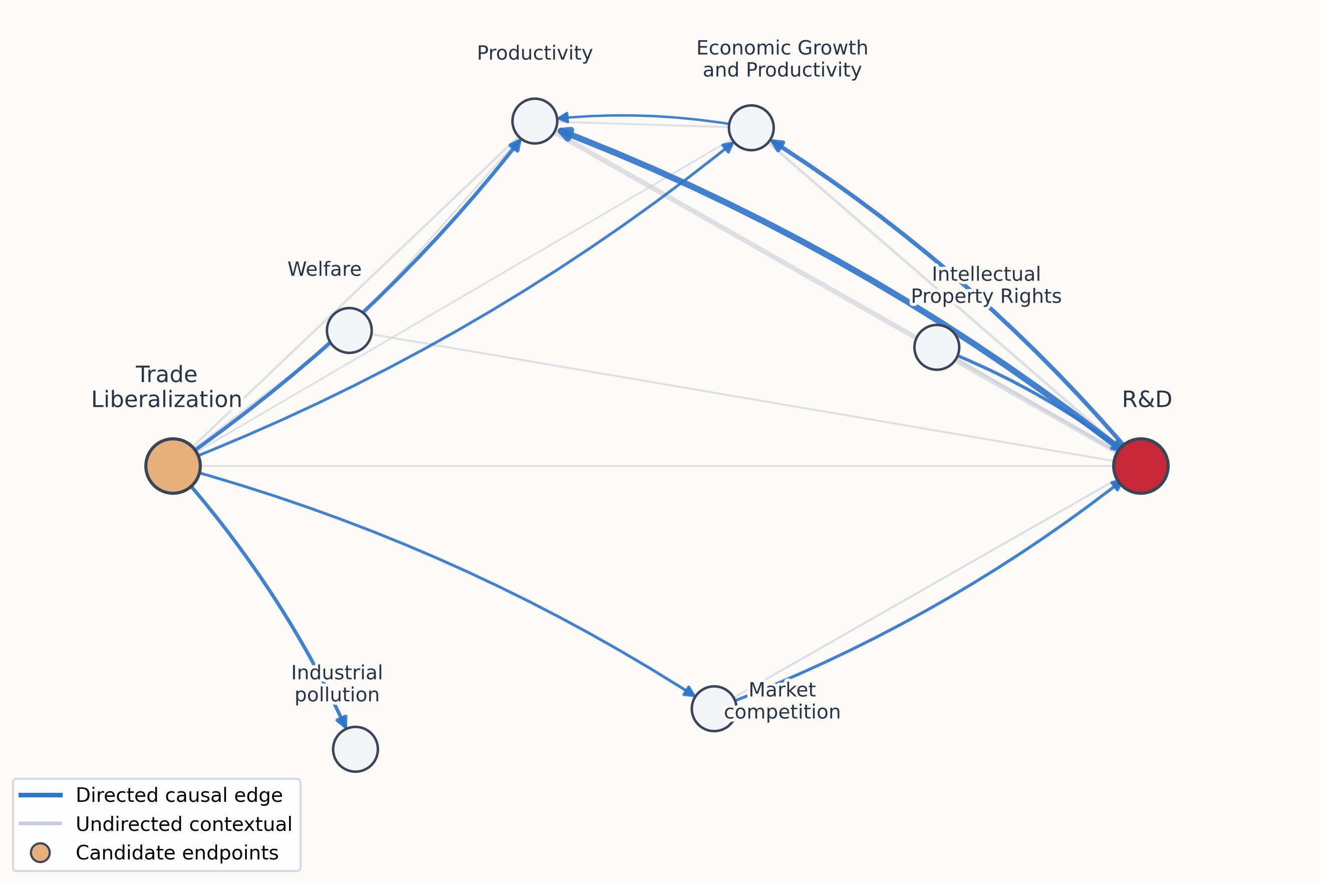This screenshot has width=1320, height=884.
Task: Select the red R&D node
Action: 1141,466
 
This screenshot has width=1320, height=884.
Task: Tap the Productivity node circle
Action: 535,121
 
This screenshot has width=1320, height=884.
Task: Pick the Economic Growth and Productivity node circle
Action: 751,128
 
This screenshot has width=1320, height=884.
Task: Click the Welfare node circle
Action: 349,331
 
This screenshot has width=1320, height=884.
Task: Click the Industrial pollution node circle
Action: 355,749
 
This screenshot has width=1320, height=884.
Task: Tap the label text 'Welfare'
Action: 324,269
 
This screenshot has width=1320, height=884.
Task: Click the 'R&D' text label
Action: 1147,400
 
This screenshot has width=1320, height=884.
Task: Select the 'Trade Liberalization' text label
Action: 166,387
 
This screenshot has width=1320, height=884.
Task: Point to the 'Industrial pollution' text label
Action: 337,683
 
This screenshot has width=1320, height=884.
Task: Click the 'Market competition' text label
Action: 782,701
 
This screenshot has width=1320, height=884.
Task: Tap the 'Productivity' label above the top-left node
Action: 535,53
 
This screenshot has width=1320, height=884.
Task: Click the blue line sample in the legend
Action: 40,795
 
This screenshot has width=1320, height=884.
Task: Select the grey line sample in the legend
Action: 40,824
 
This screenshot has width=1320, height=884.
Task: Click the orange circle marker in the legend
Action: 40,853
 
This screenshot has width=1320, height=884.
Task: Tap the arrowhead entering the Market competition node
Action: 689,692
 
